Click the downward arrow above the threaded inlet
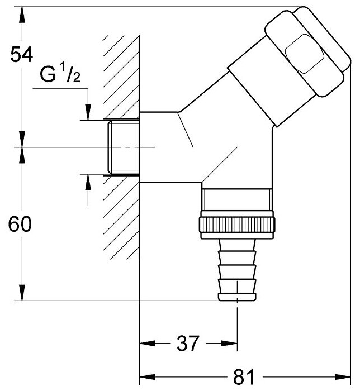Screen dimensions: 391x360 (x=87, y=112)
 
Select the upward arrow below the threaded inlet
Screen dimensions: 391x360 (x=87, y=182)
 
